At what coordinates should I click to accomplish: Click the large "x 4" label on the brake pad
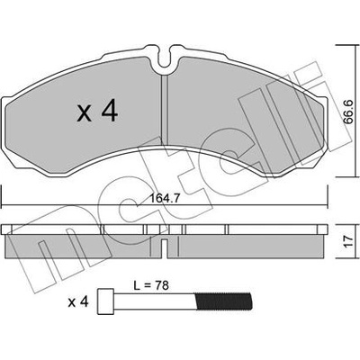[98, 111]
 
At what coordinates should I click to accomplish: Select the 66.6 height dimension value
[348, 112]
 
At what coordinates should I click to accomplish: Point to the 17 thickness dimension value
[348, 241]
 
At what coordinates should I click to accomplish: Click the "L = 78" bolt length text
[151, 285]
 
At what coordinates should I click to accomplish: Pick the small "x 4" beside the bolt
[78, 302]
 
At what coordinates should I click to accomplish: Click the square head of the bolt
[105, 301]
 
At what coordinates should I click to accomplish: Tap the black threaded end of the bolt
[224, 301]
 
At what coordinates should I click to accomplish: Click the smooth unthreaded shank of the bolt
[156, 301]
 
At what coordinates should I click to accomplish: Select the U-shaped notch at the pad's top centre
[164, 58]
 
